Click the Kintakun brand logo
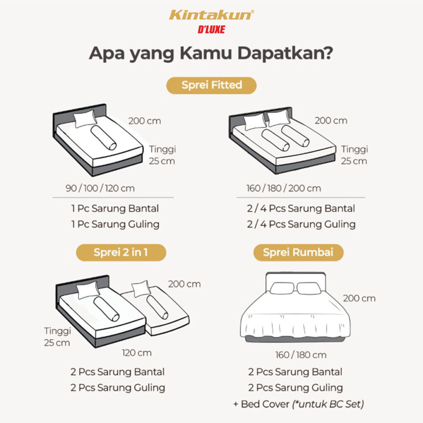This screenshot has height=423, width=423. [x=211, y=15]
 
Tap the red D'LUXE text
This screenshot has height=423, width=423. [x=211, y=30]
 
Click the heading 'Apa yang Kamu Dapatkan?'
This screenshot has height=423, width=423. [x=211, y=54]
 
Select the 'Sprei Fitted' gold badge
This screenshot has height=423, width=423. [x=211, y=86]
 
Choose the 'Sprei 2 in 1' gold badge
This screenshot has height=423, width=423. [x=120, y=252]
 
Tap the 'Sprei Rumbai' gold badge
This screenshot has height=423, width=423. [x=298, y=252]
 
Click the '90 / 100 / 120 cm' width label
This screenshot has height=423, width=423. [x=100, y=188]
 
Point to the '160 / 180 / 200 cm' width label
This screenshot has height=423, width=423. [x=283, y=188]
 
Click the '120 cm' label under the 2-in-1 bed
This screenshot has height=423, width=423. [x=136, y=353]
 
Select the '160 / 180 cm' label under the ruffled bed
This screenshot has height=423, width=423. [x=301, y=355]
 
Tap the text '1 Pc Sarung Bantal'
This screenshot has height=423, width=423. [x=114, y=209]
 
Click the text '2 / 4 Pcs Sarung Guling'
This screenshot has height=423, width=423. [x=301, y=224]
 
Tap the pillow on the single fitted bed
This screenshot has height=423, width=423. [x=86, y=119]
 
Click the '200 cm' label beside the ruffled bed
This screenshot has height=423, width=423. [x=359, y=298]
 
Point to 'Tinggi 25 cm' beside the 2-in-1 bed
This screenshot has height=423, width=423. [x=57, y=337]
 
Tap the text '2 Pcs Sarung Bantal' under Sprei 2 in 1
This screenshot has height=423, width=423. [x=117, y=372]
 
